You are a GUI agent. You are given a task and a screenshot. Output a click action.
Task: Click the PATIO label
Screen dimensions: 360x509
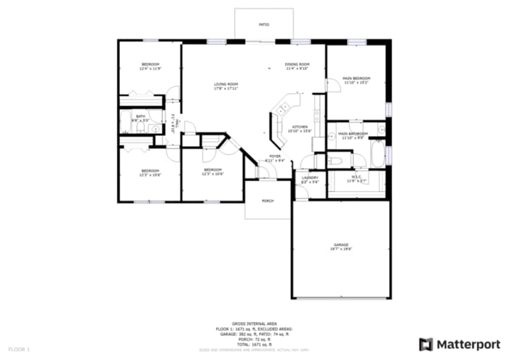[x=264, y=25]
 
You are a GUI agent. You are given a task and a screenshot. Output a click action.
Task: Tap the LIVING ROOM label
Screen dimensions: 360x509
[x=226, y=84]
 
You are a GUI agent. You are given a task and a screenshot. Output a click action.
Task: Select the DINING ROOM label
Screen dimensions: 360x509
[x=297, y=65]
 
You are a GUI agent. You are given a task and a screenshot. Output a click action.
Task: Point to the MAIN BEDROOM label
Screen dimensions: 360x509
[x=357, y=79]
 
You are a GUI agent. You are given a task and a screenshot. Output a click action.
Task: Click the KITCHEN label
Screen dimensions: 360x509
[x=298, y=127]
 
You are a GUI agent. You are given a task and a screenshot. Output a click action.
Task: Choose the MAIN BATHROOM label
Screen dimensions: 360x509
[x=352, y=134]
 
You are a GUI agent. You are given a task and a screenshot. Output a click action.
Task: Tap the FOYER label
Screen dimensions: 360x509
[x=275, y=156]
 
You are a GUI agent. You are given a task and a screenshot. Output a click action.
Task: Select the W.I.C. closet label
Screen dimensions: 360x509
[x=356, y=176]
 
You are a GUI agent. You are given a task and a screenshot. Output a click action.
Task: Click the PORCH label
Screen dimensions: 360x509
[x=268, y=201]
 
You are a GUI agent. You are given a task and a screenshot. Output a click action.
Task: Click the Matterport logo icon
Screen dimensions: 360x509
[x=426, y=344]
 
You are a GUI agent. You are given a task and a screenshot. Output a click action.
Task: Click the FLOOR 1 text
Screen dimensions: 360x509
[x=19, y=350]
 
